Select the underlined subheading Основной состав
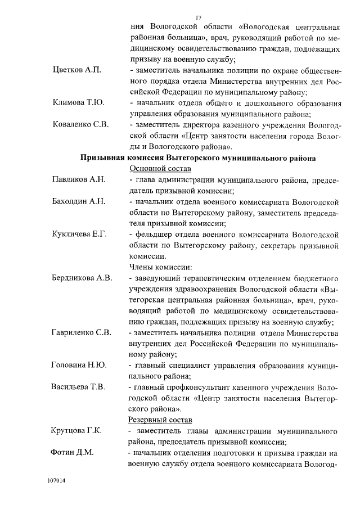pyautogui.click(x=160, y=169)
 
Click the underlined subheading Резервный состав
pyautogui.click(x=161, y=420)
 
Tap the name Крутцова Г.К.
pyautogui.click(x=76, y=431)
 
